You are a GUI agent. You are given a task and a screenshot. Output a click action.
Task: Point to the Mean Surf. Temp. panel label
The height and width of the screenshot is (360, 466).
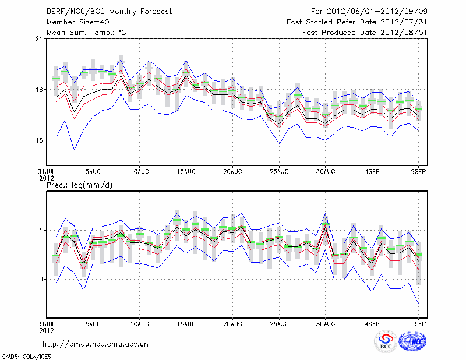point(86,32)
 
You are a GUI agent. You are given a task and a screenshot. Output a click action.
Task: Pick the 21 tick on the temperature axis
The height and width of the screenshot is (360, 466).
point(39,39)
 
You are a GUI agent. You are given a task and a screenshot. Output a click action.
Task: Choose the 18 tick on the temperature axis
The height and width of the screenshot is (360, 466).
point(39,90)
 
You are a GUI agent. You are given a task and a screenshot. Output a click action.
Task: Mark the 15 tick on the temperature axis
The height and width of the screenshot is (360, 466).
point(39,140)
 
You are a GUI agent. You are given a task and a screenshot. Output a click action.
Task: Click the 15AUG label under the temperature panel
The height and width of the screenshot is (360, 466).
point(186,172)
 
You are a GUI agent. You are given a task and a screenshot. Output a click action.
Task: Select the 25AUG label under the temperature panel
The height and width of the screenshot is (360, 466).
point(279,172)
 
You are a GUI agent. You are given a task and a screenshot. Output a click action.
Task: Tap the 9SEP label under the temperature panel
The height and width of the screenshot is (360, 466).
point(419,172)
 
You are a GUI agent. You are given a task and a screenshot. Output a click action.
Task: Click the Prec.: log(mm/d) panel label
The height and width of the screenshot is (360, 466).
point(79,185)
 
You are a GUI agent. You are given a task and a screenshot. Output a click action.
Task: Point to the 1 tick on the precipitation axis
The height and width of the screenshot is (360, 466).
point(41,230)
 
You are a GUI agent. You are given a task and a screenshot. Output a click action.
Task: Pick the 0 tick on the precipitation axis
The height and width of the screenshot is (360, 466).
point(41,279)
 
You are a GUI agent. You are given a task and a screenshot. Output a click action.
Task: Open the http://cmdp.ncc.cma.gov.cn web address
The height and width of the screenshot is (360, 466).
point(96,344)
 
